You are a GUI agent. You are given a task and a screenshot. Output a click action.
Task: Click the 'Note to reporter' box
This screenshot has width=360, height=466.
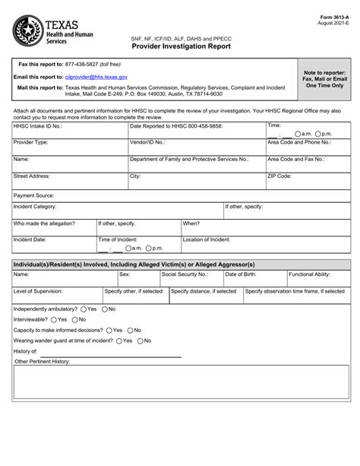point(324,77)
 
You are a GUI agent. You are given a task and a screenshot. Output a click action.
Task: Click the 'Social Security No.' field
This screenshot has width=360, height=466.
point(190,279)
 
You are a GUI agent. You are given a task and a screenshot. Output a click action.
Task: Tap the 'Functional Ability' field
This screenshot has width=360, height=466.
point(316,279)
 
